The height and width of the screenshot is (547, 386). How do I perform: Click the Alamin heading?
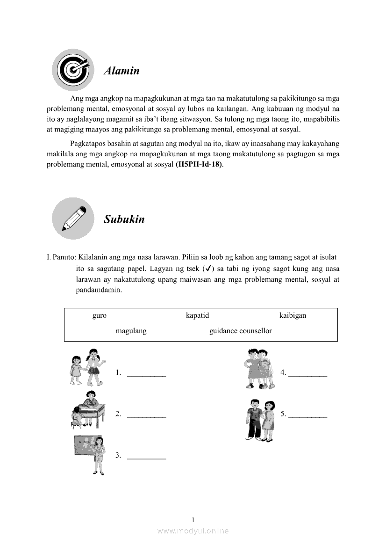coord(122,71)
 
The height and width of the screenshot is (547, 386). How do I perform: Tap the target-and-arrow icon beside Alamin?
coord(73,70)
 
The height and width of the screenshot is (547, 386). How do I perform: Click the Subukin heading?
coord(124,219)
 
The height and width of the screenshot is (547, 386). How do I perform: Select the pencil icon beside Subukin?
coord(73,218)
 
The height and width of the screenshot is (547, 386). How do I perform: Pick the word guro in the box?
coord(100,315)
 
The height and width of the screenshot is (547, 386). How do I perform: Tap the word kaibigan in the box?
coord(293,315)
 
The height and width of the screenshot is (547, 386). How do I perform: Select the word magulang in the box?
coord(131,331)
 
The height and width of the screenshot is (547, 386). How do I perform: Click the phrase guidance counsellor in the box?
coord(240,331)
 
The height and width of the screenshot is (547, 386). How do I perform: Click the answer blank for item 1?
coord(146,374)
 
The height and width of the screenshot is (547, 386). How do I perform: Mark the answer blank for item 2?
coord(146,416)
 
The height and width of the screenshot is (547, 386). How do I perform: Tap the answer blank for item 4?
coord(307,374)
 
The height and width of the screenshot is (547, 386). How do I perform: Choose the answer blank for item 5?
coord(307,416)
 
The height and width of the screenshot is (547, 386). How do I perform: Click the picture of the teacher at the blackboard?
coord(90,454)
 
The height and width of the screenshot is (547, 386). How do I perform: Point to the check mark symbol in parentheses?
coord(209,269)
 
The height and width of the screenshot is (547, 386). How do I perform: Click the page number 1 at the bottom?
coord(193,520)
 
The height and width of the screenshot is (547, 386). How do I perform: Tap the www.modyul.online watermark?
coord(193,531)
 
